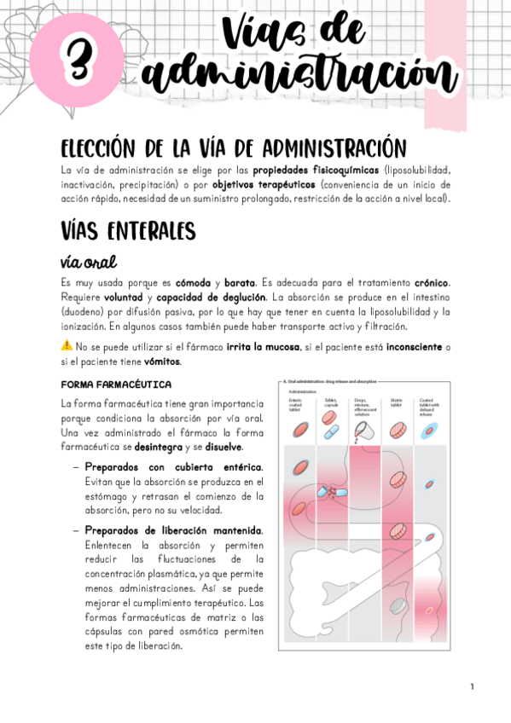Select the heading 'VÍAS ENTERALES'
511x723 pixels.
point(129,231)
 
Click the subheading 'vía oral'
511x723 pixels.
point(89,261)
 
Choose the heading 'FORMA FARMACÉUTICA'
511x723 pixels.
point(117,385)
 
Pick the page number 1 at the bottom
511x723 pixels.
point(471,686)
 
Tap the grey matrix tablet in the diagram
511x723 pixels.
point(398,604)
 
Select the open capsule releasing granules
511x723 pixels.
point(328,492)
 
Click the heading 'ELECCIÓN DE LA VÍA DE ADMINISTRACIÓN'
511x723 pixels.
point(227,147)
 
